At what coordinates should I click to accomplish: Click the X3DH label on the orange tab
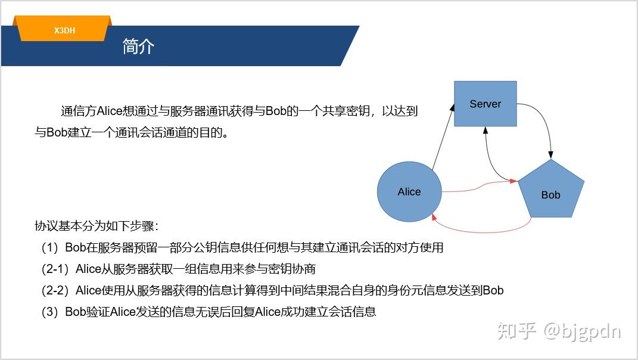click(x=65, y=30)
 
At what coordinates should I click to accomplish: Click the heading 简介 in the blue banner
click(x=138, y=46)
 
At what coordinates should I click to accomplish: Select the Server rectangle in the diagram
click(x=485, y=104)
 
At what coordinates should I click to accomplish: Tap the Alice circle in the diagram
click(x=409, y=192)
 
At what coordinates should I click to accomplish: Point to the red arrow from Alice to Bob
click(x=480, y=187)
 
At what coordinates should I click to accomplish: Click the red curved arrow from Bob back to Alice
click(x=482, y=232)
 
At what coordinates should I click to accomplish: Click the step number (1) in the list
click(x=49, y=247)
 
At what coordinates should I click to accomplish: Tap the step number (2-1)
click(x=55, y=269)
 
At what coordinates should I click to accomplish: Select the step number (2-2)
click(x=55, y=291)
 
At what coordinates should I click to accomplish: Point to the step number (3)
click(x=49, y=312)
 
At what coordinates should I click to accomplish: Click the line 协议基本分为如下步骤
click(x=96, y=226)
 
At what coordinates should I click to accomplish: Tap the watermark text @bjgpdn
click(x=582, y=331)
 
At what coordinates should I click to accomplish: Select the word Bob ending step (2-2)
click(x=493, y=290)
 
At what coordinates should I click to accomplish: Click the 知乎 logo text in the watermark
click(x=516, y=331)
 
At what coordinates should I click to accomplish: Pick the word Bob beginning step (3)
click(x=76, y=312)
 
